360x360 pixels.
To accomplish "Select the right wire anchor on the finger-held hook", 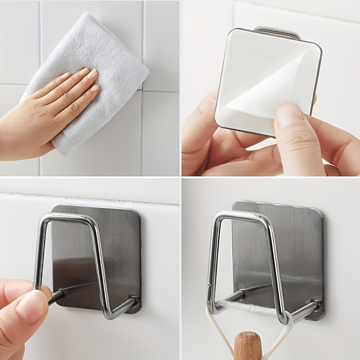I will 133,300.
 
